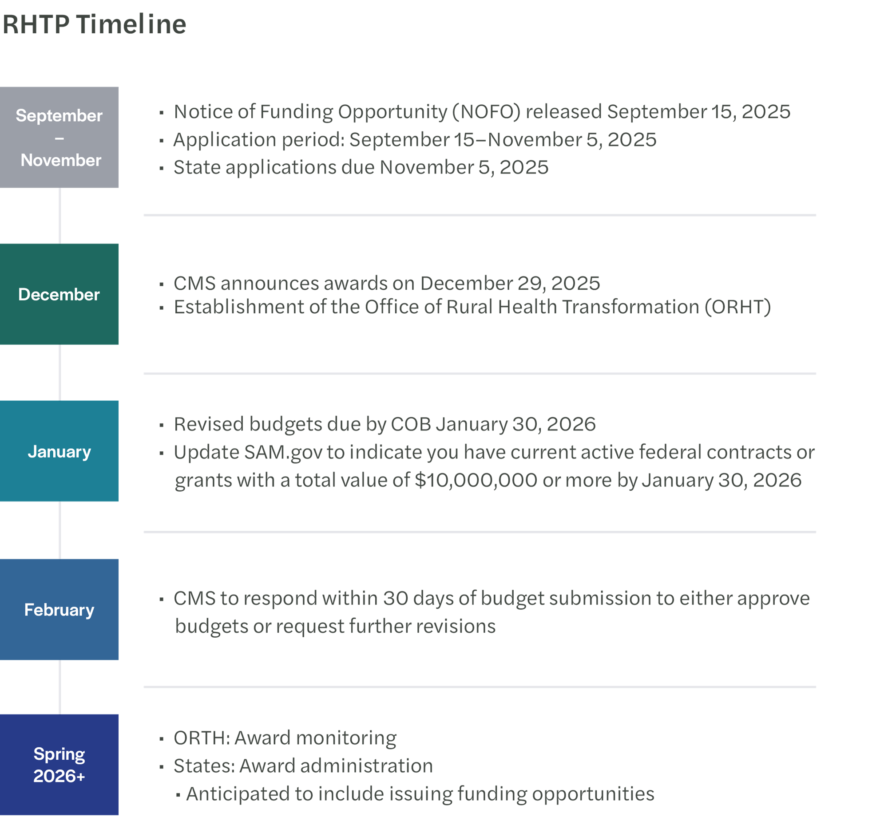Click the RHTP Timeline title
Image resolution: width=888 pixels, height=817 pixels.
point(94,24)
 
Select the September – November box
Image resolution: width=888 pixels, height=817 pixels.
point(59,138)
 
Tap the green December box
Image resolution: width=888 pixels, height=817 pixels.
point(59,294)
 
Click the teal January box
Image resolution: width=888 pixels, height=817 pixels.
point(59,451)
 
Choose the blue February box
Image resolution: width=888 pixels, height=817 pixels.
point(59,610)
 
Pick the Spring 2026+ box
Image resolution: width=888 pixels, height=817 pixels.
point(59,765)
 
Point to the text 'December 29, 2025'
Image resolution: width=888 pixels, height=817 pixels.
point(510,284)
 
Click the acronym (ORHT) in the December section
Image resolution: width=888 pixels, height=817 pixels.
point(737,307)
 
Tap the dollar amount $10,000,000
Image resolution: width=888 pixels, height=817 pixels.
point(476,481)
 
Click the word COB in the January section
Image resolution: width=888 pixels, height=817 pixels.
point(411,425)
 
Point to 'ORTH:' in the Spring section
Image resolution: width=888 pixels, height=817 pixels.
point(202,738)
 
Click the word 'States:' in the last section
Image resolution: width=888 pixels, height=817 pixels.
point(204,766)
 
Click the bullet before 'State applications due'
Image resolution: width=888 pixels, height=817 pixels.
point(161,168)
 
